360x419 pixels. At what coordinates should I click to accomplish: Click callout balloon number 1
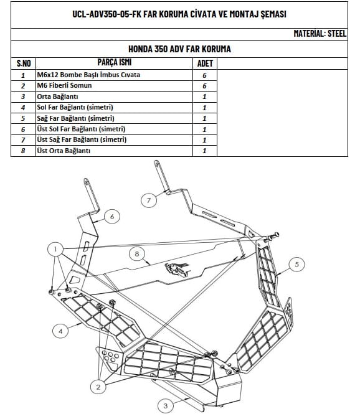55,250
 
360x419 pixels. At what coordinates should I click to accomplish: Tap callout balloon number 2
98,387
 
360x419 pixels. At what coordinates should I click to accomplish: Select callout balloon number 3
166,406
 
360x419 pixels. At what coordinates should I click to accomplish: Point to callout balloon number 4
60,331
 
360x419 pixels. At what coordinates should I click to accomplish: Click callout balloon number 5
296,264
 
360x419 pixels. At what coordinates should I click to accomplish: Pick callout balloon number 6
112,217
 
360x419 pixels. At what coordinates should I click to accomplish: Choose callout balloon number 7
149,200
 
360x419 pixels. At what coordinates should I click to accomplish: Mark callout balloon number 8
137,253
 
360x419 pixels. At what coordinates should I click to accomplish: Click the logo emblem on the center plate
177,270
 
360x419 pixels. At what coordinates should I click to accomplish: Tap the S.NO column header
24,64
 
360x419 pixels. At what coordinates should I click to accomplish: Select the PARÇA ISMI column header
115,62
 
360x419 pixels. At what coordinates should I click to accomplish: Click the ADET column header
205,64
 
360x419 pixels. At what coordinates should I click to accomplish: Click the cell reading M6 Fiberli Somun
64,85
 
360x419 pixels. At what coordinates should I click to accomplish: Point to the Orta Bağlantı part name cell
57,97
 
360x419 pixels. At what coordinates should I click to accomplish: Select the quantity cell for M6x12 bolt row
205,75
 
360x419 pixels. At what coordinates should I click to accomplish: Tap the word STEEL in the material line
337,34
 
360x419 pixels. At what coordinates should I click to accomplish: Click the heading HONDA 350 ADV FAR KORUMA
179,49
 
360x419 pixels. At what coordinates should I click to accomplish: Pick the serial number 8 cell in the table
23,151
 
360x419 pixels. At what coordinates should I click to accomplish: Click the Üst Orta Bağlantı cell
64,151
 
